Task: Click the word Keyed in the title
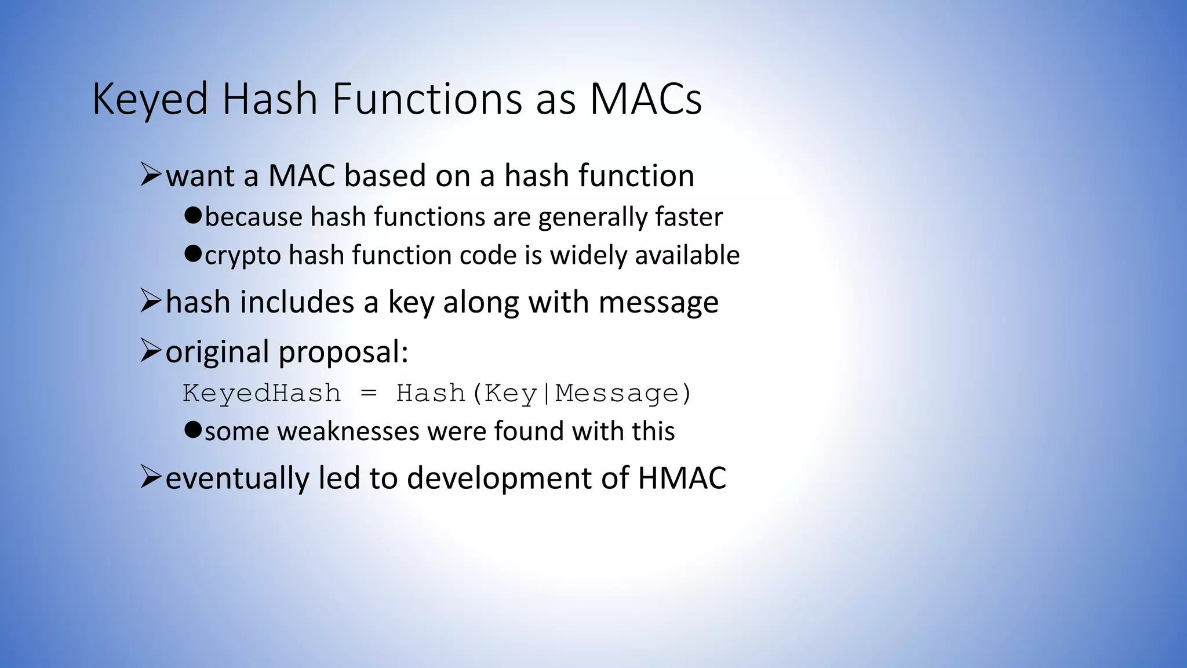click(x=150, y=99)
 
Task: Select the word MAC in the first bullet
click(x=301, y=176)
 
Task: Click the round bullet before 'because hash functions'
click(x=192, y=216)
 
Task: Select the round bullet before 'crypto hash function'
click(x=192, y=254)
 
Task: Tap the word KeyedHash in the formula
click(x=261, y=393)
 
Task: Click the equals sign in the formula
click(x=369, y=394)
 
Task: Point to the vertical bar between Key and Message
click(x=546, y=393)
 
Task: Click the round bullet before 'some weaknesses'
click(x=192, y=430)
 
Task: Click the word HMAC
click(x=682, y=478)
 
